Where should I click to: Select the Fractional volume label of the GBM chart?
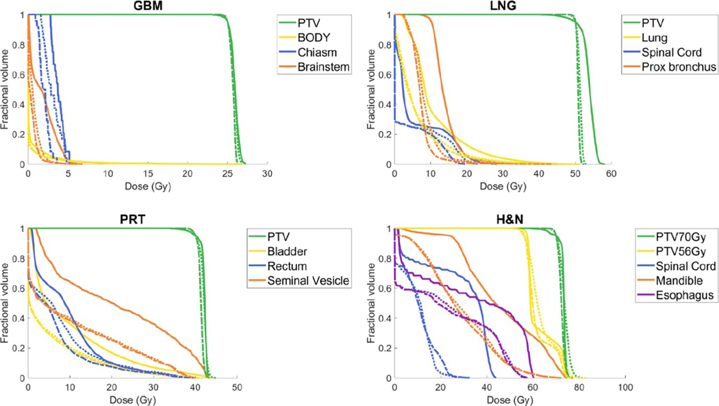coord(5,89)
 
